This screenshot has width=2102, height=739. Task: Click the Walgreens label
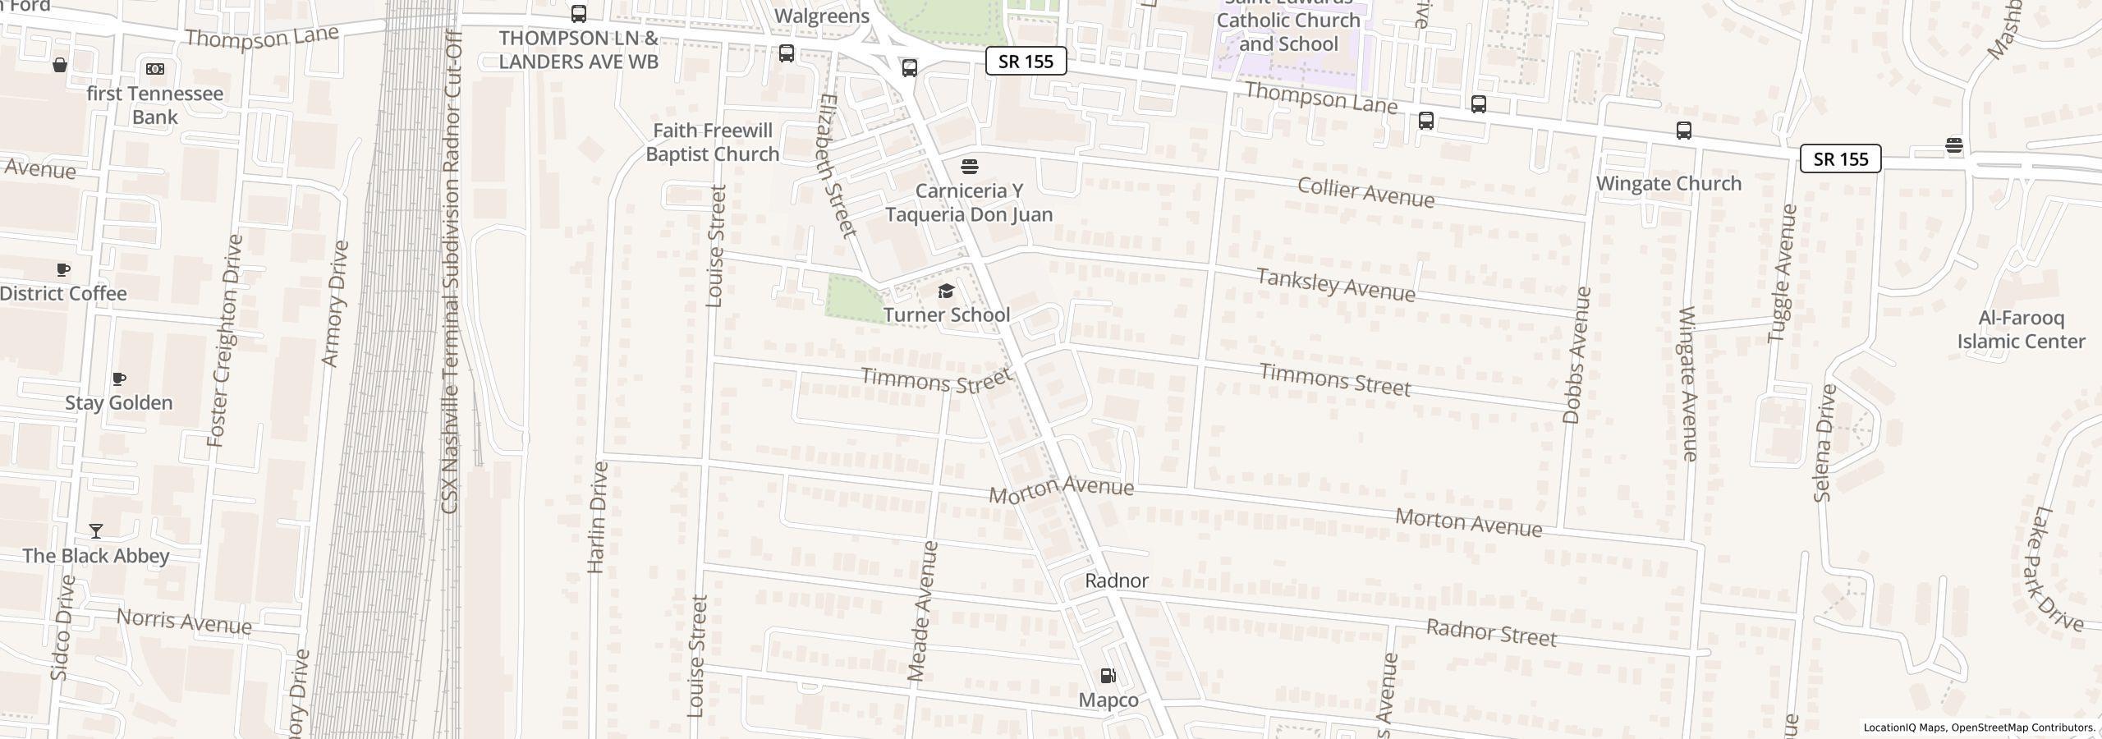[821, 16]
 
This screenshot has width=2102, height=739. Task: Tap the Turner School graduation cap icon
[946, 291]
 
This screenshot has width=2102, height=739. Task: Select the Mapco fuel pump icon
[1108, 676]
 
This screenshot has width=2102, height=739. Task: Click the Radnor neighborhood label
[1116, 581]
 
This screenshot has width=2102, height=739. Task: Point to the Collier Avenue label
[1365, 192]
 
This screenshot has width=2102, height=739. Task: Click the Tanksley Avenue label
[1336, 285]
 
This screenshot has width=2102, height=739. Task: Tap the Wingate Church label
[1668, 183]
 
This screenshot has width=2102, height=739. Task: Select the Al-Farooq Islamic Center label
[2020, 330]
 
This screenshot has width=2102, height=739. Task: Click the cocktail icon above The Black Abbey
[96, 531]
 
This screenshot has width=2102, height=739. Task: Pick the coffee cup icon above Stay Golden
[119, 379]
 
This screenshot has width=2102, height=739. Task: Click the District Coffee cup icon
[63, 269]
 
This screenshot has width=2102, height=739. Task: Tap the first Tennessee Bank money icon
[154, 69]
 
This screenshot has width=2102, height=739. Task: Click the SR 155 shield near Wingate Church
[1840, 158]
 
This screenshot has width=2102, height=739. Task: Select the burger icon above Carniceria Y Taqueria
[969, 167]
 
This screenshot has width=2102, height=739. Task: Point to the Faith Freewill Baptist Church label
[712, 142]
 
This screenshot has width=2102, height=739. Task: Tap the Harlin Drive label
[598, 517]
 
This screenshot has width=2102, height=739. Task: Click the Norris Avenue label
[184, 622]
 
